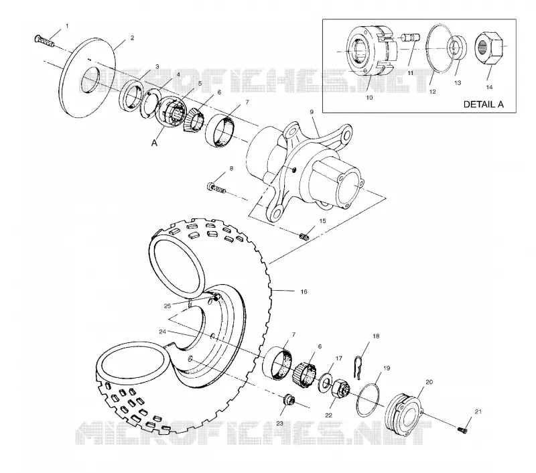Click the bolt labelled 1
[x=44, y=41]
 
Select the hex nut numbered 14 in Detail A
[x=489, y=48]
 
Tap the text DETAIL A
[x=483, y=105]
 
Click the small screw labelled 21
[x=462, y=429]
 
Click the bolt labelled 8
[x=216, y=188]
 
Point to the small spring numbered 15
[x=304, y=236]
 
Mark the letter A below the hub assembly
[x=155, y=143]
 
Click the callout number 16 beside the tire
[x=304, y=291]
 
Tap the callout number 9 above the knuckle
[x=312, y=112]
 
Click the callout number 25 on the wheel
[x=167, y=306]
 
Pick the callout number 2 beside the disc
[x=132, y=38]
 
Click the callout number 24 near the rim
[x=162, y=332]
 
